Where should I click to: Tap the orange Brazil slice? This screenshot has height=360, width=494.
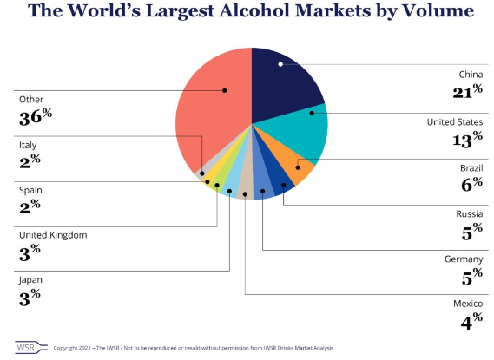[293, 164]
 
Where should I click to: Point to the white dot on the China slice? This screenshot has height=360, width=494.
[280, 64]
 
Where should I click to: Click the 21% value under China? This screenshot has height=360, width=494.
[468, 92]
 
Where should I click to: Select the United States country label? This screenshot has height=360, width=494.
[455, 122]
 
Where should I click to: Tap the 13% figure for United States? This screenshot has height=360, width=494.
[468, 140]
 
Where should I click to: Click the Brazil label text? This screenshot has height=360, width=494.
[471, 168]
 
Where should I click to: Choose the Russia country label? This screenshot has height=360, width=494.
[470, 214]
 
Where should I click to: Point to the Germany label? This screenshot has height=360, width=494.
[464, 259]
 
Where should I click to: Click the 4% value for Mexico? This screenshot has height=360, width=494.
[471, 321]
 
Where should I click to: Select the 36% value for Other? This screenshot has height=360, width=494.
[36, 117]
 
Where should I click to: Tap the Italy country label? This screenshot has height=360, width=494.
[28, 145]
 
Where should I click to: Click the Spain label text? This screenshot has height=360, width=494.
[30, 190]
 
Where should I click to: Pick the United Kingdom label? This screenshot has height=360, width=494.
[53, 235]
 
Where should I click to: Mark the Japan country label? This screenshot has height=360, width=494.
[30, 280]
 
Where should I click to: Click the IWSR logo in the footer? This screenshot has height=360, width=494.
[31, 347]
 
